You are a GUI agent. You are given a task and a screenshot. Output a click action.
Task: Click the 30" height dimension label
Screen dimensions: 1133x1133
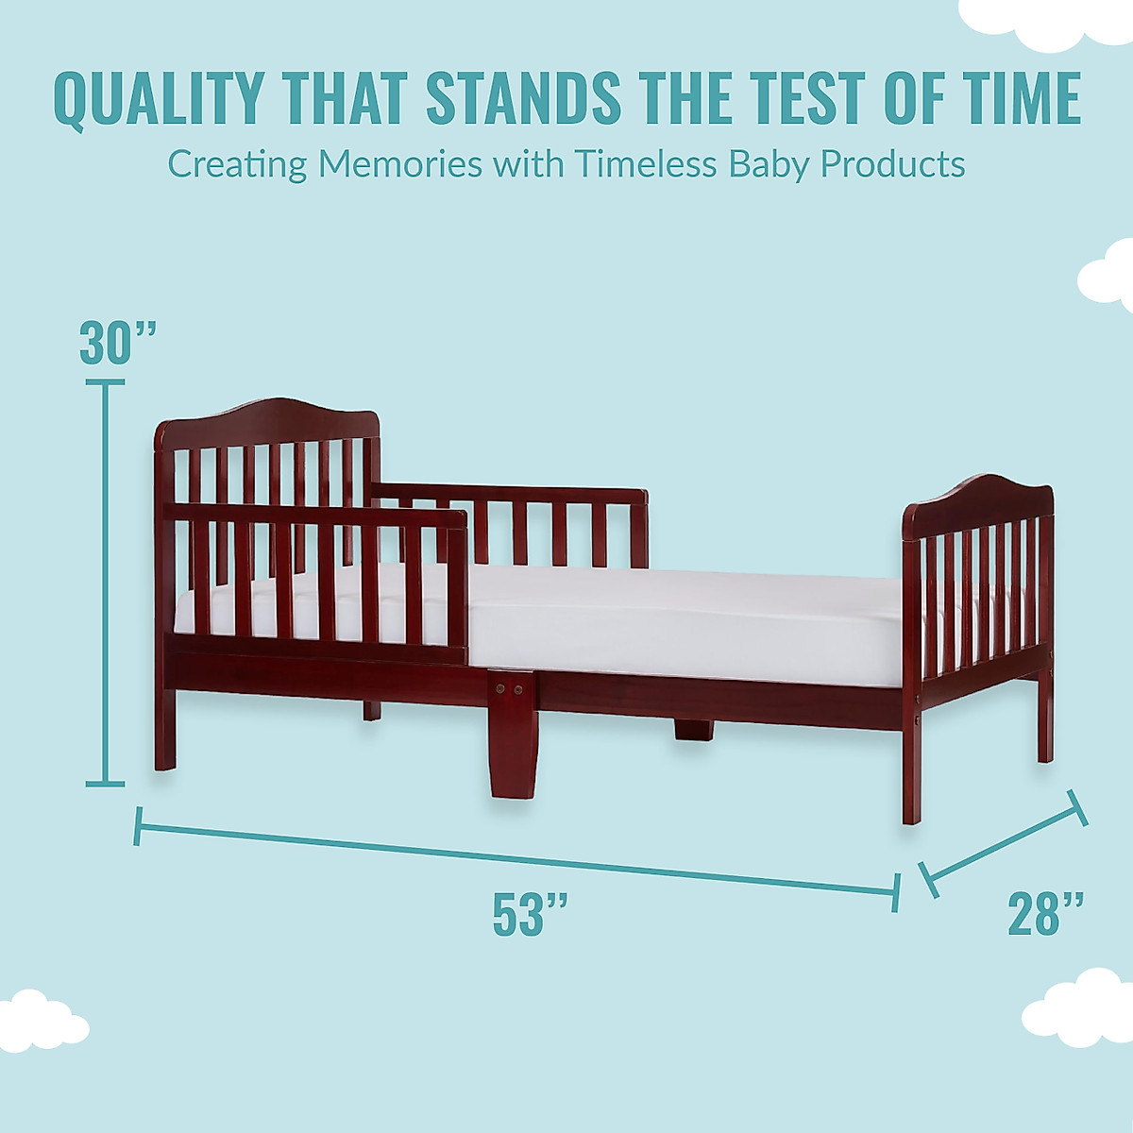(117, 343)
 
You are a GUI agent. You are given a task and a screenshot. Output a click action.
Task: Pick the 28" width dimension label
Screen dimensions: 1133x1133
(1045, 914)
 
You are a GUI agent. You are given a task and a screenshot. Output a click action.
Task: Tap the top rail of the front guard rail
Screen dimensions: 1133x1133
(316, 514)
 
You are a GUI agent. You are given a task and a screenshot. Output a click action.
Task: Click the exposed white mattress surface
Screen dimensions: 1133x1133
(680, 614)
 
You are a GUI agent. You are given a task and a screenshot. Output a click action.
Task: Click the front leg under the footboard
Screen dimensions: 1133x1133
(911, 755)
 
